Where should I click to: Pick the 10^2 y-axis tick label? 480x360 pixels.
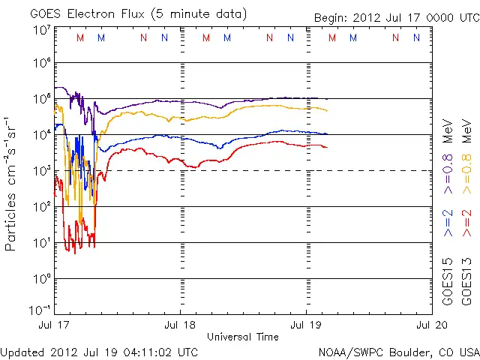point(42,207)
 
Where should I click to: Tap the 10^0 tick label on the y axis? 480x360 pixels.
point(42,279)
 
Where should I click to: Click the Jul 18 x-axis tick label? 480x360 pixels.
point(180,325)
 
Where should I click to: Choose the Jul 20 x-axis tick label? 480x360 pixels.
point(432,325)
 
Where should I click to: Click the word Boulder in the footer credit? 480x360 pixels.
point(412,352)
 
